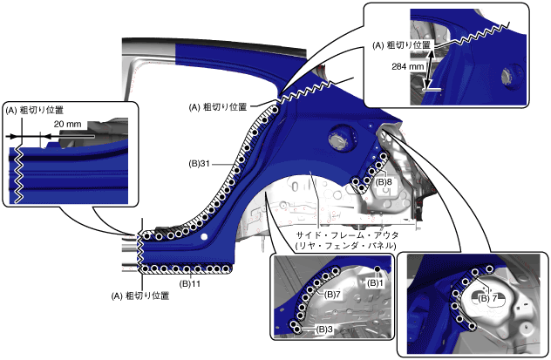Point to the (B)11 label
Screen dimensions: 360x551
tap(191, 283)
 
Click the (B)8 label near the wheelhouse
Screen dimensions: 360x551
tap(384, 182)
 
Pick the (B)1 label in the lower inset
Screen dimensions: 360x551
tap(376, 282)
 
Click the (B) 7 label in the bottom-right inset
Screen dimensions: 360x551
tap(488, 298)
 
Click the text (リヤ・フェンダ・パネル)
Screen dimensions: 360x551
tap(345, 247)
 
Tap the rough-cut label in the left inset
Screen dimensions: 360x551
tap(35, 111)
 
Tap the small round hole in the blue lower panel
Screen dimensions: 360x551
tap(203, 235)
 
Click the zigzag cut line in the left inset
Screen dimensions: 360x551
tap(17, 174)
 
